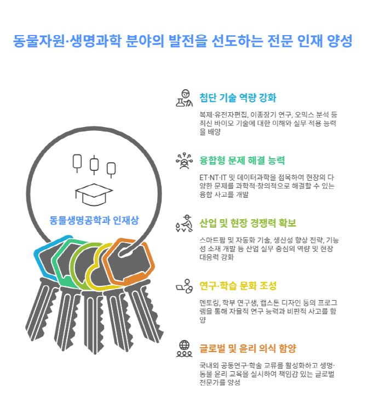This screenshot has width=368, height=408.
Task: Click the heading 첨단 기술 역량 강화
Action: [238, 97]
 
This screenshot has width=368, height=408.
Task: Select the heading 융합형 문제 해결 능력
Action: [242, 160]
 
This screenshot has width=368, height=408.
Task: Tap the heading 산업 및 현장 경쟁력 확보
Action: [248, 223]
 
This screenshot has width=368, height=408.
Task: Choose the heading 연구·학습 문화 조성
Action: [238, 286]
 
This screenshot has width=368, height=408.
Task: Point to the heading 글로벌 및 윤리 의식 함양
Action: [248, 348]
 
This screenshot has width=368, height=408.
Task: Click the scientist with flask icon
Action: [184, 98]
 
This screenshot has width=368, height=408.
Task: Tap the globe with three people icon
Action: [184, 349]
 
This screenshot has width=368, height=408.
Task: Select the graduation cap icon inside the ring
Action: [94, 194]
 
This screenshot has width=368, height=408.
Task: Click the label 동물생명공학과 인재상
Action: [94, 220]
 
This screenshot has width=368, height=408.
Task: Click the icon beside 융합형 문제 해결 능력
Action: [184, 161]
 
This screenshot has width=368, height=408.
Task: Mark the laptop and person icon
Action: [184, 286]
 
